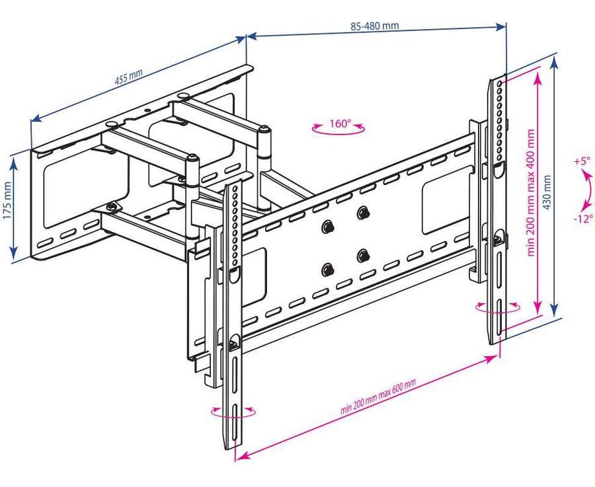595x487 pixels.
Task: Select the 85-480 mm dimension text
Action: [374, 27]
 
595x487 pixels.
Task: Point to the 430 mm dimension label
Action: [546, 192]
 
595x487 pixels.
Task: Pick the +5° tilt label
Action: [581, 161]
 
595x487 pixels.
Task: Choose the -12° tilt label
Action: [583, 219]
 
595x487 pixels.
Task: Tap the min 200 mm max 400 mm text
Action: [530, 192]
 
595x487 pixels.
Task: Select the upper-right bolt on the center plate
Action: [362, 213]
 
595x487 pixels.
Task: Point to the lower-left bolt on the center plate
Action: [327, 269]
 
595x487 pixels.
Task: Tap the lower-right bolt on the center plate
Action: [362, 255]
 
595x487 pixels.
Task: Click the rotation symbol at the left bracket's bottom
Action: [233, 413]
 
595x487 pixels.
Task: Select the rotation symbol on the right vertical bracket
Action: [498, 307]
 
